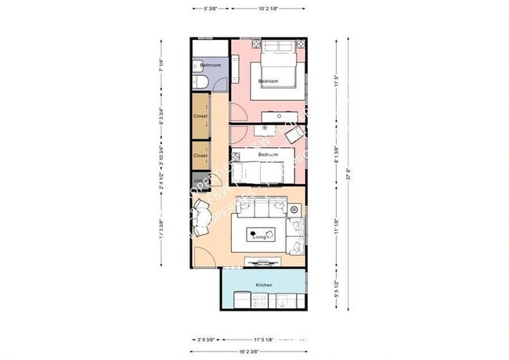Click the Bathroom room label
tap(211, 65)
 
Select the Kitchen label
tap(264, 285)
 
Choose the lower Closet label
tap(201, 155)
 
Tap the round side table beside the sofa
tap(294, 210)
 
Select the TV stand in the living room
tap(261, 261)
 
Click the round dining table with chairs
tap(200, 215)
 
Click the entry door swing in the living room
tap(205, 254)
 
